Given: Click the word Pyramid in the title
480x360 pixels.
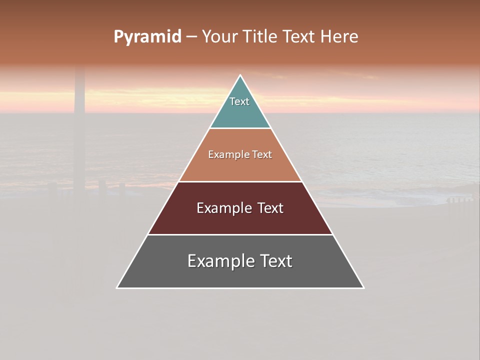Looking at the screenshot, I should tap(147, 37).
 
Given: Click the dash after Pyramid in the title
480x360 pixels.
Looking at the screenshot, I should tap(191, 37).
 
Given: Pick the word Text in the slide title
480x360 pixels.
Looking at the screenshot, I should tap(298, 37).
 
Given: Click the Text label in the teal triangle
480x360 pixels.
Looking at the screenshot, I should tap(239, 101).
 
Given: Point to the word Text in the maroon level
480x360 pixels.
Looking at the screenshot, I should tap(270, 208).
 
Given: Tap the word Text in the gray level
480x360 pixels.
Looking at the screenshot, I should tap(275, 261).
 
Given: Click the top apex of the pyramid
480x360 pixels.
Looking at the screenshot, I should tap(240, 76).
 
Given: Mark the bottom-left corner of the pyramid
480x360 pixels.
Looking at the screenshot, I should tap(117, 287).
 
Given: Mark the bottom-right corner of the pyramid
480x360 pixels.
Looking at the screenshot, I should tap(363, 287).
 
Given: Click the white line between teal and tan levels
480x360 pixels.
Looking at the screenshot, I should tap(240, 128).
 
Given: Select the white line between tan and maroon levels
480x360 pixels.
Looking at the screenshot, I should tap(240, 181).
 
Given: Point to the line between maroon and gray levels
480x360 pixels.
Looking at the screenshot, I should tap(240, 234).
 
